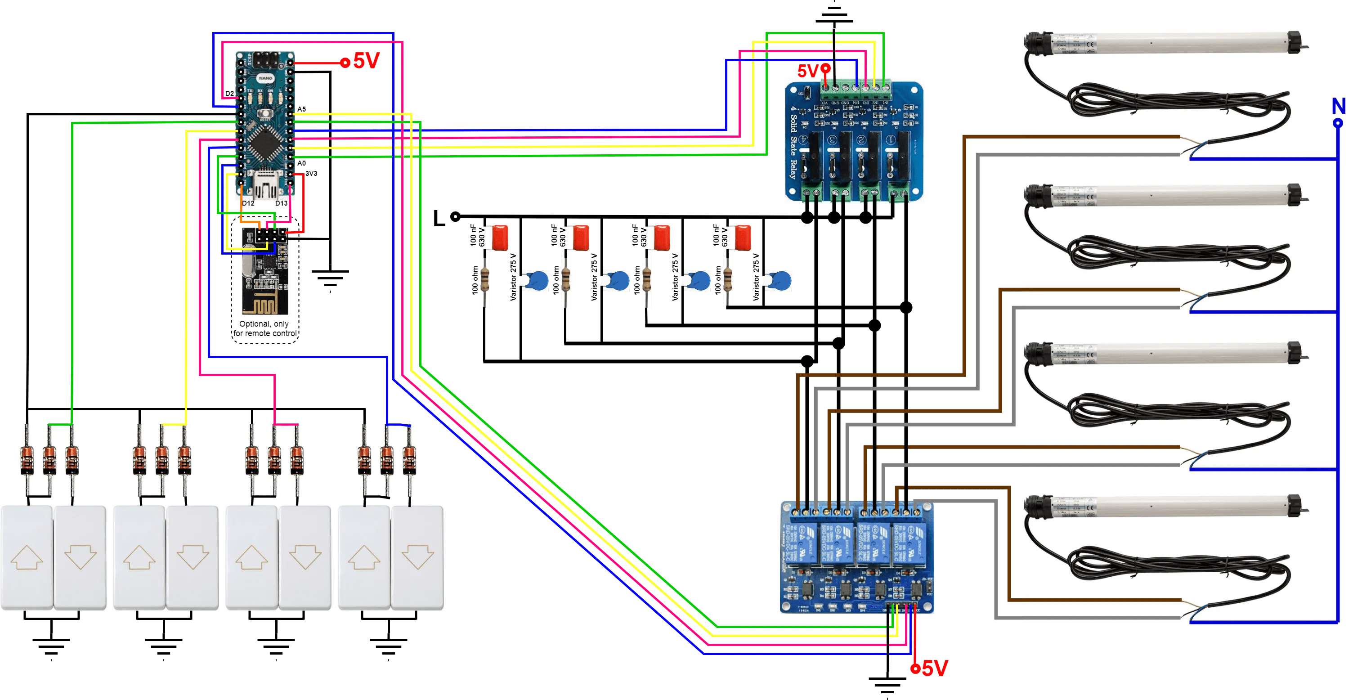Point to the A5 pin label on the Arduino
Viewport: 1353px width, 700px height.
click(301, 109)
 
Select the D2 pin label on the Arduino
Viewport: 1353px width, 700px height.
click(229, 94)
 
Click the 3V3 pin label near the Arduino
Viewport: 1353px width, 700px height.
click(311, 173)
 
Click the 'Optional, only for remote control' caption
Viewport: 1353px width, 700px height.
click(265, 329)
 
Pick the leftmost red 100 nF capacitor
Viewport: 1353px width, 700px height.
click(496, 238)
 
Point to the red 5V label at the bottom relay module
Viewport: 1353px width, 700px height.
click(934, 668)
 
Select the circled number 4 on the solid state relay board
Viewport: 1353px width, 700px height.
click(804, 141)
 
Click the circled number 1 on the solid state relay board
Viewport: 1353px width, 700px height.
click(890, 141)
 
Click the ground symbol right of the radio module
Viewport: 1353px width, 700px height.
click(330, 279)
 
